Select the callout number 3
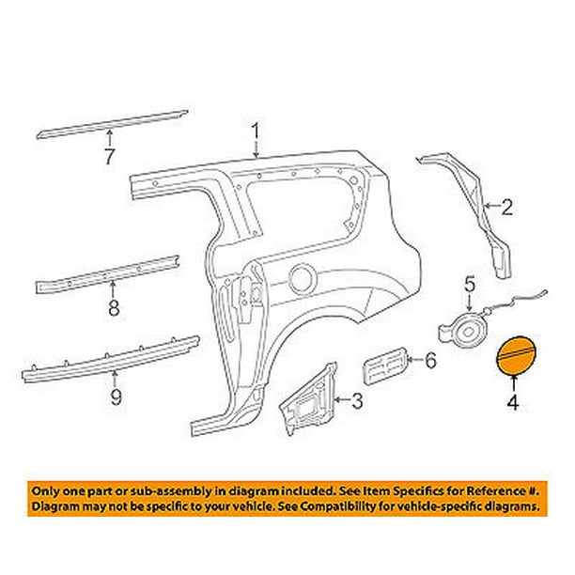[x=356, y=402]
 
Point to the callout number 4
[x=514, y=406]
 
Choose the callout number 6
[x=431, y=360]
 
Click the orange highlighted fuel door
[x=515, y=357]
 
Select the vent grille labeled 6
[x=383, y=365]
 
